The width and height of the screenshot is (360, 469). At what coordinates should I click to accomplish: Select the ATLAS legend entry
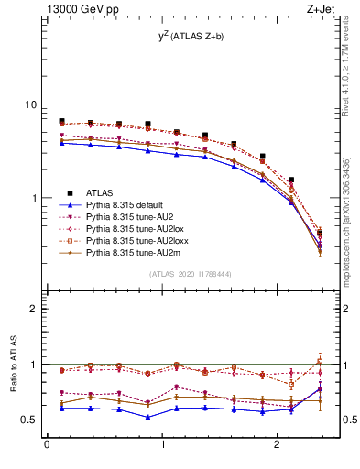point(101,192)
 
